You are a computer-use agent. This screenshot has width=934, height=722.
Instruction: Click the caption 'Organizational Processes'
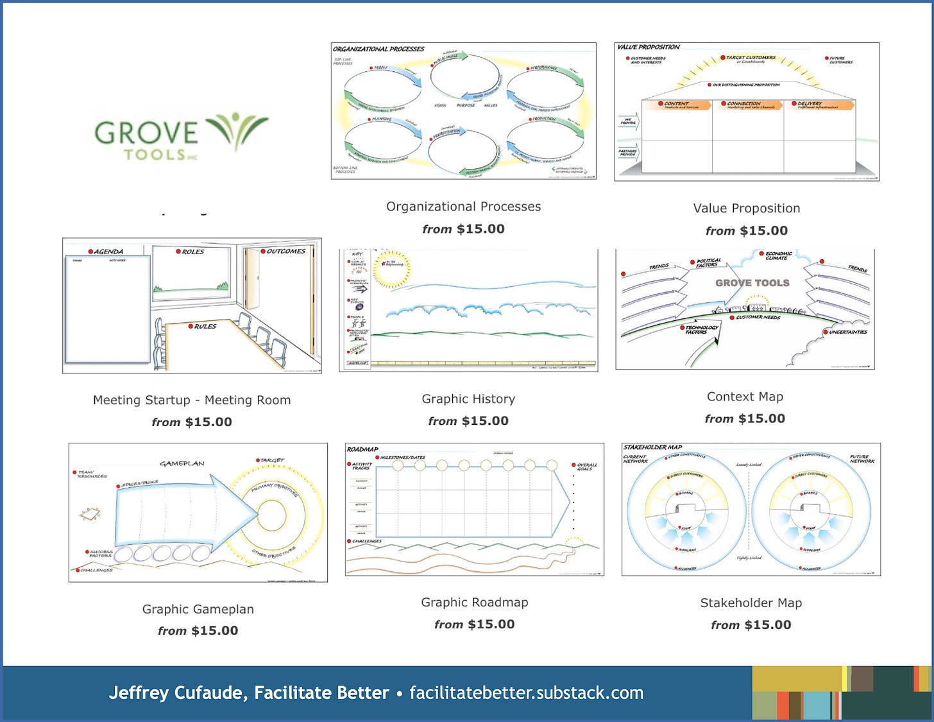pos(463,207)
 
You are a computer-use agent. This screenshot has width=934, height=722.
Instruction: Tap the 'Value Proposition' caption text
pos(747,209)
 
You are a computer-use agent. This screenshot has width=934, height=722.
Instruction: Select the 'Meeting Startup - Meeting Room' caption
pos(192,400)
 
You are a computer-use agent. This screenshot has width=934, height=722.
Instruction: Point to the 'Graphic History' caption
pos(468,399)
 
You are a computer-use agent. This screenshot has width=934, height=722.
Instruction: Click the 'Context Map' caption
pos(745,397)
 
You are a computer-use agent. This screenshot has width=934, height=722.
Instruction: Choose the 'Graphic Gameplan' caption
pos(198,609)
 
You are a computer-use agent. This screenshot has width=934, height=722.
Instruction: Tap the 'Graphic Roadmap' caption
pos(475,603)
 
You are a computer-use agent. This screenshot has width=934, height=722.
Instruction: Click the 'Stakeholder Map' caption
pos(751,603)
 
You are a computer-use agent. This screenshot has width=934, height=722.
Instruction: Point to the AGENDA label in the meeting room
pos(108,252)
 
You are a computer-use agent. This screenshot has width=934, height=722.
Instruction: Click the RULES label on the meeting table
pos(205,327)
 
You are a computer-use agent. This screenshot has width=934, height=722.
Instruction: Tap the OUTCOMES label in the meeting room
pos(285,252)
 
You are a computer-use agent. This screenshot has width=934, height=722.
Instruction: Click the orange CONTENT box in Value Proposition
pos(676,105)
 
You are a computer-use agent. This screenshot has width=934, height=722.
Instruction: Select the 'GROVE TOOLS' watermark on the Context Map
pos(752,283)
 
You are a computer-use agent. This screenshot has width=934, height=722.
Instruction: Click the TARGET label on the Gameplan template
pos(272,460)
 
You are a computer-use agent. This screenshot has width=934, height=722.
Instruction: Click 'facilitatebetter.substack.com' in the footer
pos(526,693)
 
